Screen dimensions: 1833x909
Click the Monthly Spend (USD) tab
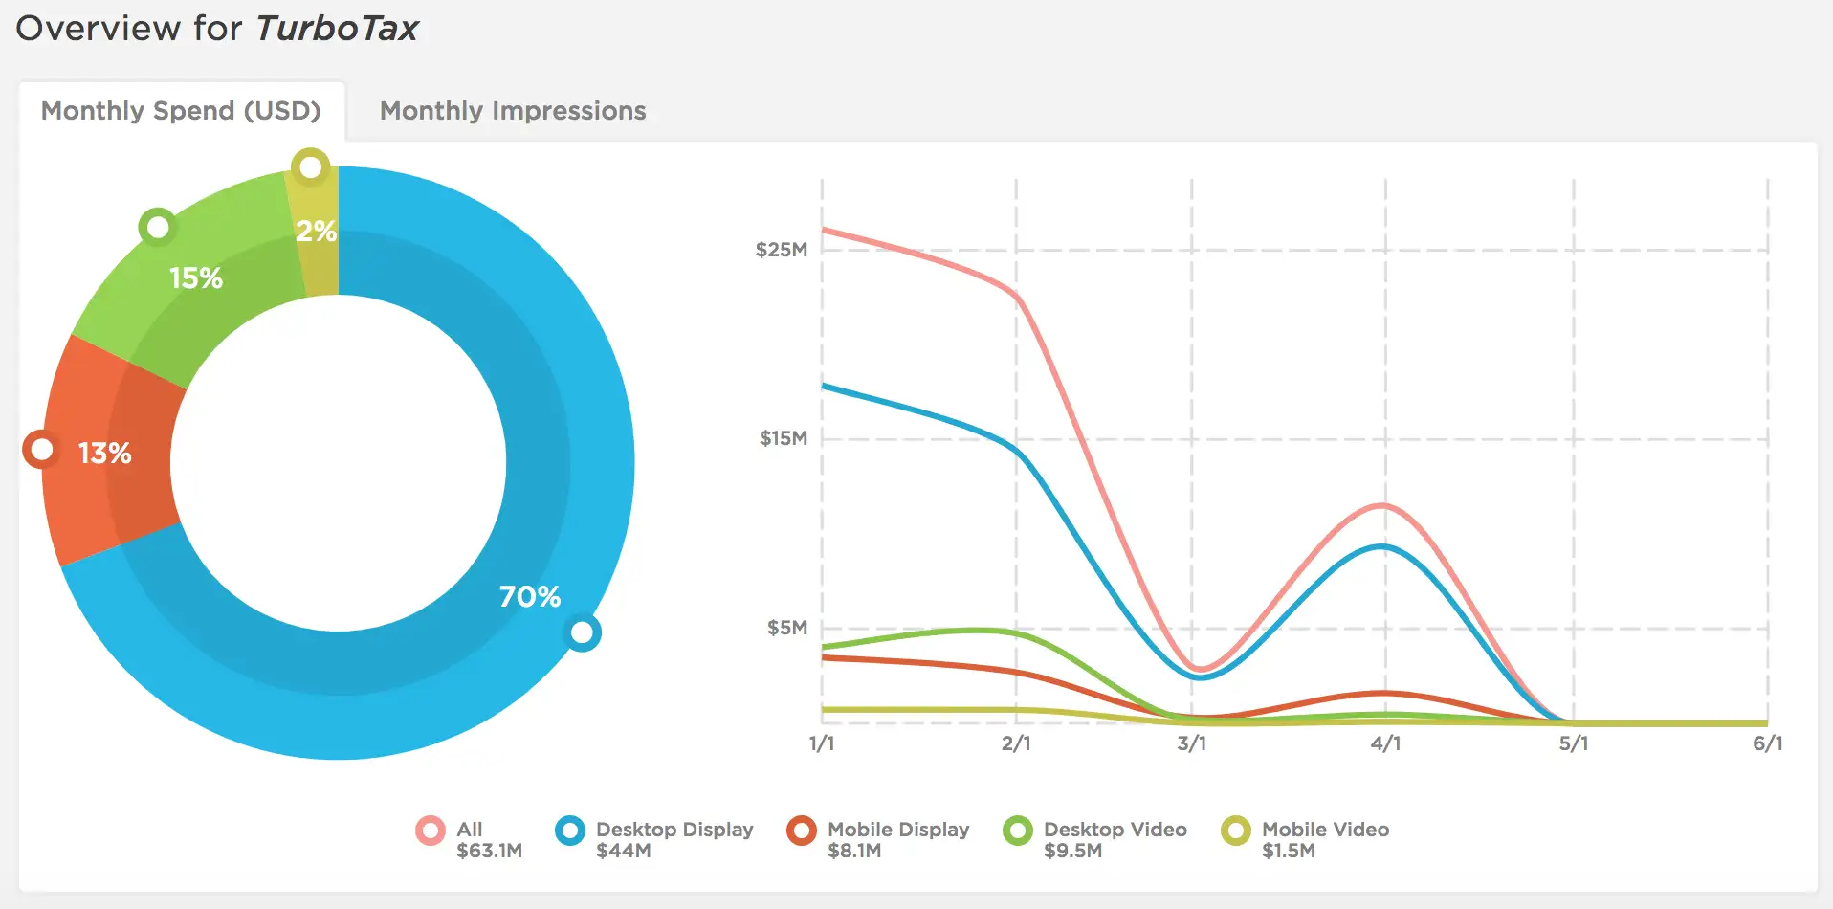point(181,111)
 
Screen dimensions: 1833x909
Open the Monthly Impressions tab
point(513,111)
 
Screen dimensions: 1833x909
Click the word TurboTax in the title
point(337,29)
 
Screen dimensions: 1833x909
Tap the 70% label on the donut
point(530,596)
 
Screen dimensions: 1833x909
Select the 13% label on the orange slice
point(104,453)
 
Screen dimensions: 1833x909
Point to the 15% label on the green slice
point(196,277)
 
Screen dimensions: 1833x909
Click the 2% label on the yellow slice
point(316,231)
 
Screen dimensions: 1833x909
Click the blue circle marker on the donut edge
point(582,632)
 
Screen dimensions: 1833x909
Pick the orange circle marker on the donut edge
point(41,450)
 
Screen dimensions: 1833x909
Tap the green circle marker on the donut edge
point(158,227)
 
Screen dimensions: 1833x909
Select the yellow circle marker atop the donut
point(310,167)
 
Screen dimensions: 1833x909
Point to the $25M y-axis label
point(782,250)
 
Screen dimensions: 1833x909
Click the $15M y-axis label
point(784,438)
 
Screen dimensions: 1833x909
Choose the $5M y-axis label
point(787,628)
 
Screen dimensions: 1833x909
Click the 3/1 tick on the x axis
point(1192,743)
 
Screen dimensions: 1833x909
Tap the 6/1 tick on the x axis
point(1768,743)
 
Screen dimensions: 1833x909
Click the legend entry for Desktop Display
point(654,839)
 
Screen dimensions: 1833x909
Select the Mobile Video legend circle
point(1236,831)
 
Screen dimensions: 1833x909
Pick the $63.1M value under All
point(490,851)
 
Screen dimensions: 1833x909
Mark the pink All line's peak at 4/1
point(1384,505)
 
